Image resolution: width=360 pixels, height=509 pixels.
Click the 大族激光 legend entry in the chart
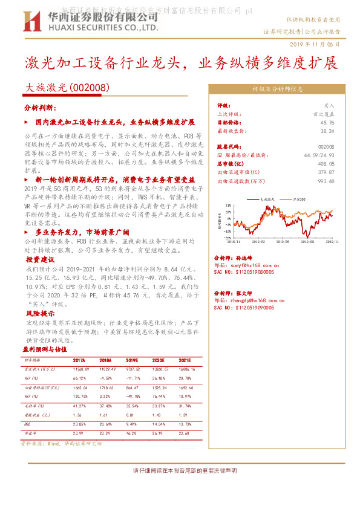pos(261,198)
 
